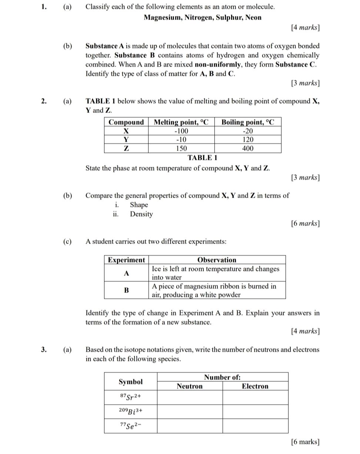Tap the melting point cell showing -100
181,131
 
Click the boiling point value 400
248,148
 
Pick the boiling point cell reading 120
248,140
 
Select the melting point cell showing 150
181,148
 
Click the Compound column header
126,122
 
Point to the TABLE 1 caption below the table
202,158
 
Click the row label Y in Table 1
126,140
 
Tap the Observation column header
217,260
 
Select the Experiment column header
126,260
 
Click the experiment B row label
126,290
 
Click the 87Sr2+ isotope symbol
131,398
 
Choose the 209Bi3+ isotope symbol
131,412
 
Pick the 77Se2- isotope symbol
131,426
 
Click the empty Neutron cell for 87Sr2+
190,398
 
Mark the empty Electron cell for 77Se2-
255,426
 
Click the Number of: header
222,377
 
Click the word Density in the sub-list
141,214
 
